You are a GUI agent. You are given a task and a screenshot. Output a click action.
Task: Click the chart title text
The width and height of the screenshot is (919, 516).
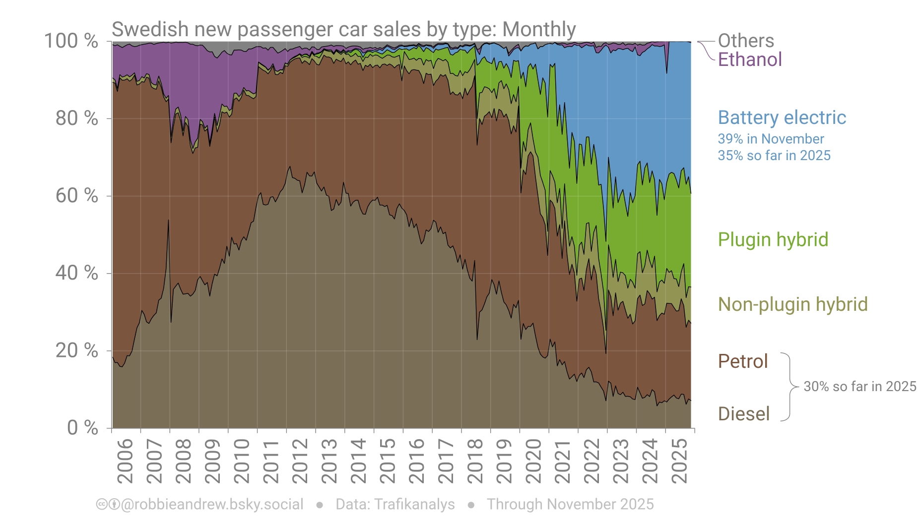[343, 30]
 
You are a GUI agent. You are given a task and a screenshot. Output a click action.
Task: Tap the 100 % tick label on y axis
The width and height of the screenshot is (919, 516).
[71, 41]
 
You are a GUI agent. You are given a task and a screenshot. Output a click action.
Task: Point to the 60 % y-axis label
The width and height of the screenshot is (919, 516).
[76, 196]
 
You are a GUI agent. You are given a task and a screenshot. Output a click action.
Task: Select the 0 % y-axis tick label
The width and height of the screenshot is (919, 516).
[82, 427]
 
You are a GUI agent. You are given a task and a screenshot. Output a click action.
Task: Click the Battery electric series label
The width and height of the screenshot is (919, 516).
[782, 118]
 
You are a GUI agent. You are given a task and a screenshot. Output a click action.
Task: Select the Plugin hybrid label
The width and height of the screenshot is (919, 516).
[773, 240]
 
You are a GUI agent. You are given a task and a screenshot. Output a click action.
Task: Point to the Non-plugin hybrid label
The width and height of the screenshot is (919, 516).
[792, 304]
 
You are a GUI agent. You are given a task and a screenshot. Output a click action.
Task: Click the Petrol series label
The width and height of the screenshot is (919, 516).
[742, 361]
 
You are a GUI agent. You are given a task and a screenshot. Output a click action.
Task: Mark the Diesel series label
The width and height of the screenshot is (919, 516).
[743, 414]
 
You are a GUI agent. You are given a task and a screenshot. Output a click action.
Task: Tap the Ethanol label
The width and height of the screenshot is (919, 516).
[749, 60]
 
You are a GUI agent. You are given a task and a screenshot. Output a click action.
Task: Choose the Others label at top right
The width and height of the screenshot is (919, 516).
[745, 41]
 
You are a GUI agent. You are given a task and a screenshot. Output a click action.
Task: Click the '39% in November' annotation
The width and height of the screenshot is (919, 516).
[770, 139]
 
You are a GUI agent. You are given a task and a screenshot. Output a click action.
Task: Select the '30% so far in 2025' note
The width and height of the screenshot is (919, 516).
[859, 387]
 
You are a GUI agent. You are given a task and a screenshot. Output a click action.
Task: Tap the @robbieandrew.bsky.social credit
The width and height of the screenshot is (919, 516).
[211, 505]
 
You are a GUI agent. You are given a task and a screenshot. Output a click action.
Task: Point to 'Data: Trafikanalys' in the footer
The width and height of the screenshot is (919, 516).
[395, 505]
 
